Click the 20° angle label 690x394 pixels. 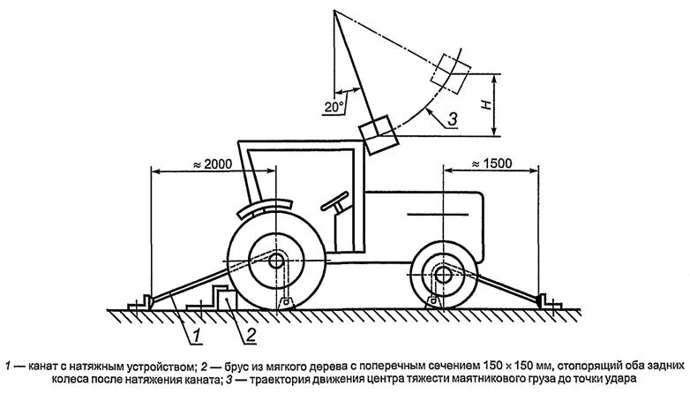point(334,107)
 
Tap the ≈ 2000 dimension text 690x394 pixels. point(213,164)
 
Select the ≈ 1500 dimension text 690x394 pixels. point(491,164)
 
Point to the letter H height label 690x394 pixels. point(486,104)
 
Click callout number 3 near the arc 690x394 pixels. point(452,118)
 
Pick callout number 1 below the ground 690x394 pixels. point(197,336)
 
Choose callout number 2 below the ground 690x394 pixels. point(251,336)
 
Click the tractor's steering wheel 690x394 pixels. point(335,201)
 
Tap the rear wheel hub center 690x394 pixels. point(276,261)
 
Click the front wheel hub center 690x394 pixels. point(443,275)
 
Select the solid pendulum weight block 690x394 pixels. point(378,135)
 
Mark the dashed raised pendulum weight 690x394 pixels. point(451,73)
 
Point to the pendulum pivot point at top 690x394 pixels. point(334,10)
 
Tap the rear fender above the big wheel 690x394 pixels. point(265,207)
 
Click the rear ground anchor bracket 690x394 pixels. point(140,303)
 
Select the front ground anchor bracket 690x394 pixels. point(550,302)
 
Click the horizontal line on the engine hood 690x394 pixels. point(438,214)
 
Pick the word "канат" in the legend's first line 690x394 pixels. point(41,366)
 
